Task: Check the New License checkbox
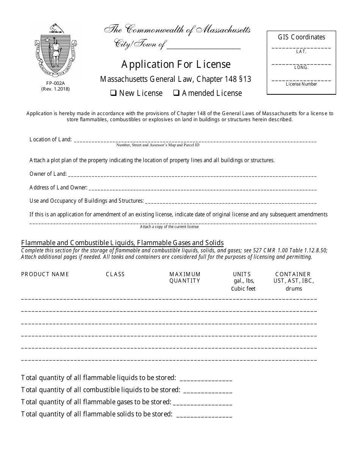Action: click(x=113, y=93)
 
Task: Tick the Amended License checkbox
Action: click(x=176, y=93)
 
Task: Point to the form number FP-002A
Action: click(x=56, y=84)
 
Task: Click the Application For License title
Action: click(x=176, y=64)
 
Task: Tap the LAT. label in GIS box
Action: click(x=301, y=52)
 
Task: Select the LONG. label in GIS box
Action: click(x=301, y=68)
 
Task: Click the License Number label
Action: click(x=301, y=84)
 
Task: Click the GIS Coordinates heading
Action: click(x=301, y=37)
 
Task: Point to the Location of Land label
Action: click(x=50, y=139)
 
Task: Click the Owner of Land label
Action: click(x=48, y=174)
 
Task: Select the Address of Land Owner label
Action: click(x=58, y=188)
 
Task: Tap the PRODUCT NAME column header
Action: click(x=45, y=274)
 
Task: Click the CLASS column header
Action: click(x=115, y=274)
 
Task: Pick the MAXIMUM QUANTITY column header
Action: click(x=185, y=277)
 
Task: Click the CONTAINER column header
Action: click(x=293, y=274)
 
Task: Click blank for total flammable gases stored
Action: click(x=203, y=402)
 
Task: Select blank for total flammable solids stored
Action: click(x=204, y=414)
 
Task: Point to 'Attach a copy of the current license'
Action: click(x=169, y=227)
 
